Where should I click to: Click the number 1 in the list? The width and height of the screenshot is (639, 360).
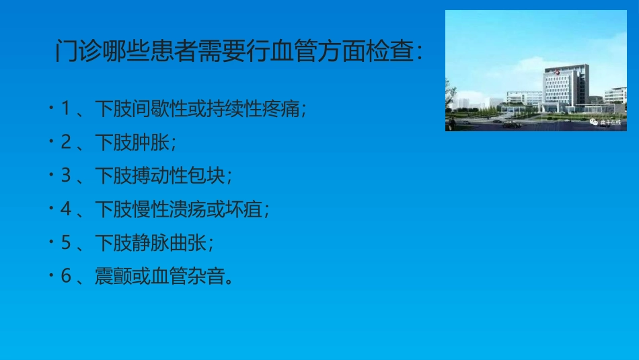(x=65, y=108)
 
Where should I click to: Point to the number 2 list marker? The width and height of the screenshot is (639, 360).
(x=65, y=142)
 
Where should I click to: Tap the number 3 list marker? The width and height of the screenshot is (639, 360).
(x=65, y=176)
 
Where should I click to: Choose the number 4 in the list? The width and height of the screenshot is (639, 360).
(x=65, y=209)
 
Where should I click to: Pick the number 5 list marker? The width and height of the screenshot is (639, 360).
(x=65, y=243)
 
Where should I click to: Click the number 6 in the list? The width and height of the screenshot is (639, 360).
(x=65, y=277)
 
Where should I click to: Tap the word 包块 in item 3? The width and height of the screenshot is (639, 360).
(x=211, y=176)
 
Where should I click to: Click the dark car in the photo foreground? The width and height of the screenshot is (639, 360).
(x=511, y=124)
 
